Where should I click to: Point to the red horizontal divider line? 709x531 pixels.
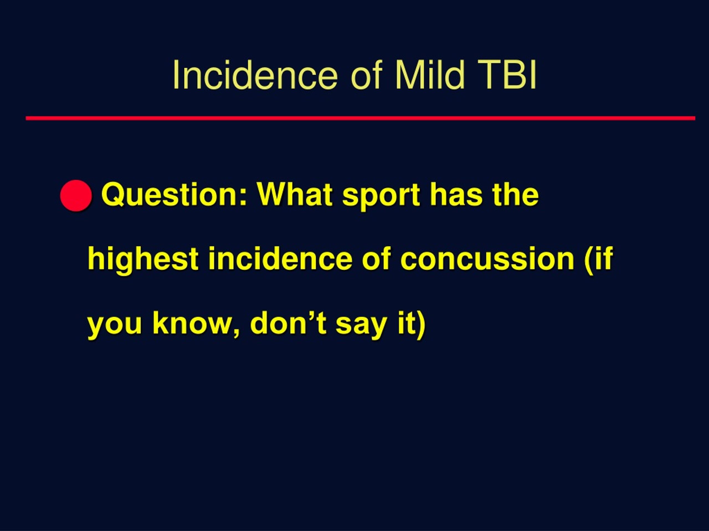(x=361, y=118)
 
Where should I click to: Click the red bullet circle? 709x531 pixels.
(x=76, y=196)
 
